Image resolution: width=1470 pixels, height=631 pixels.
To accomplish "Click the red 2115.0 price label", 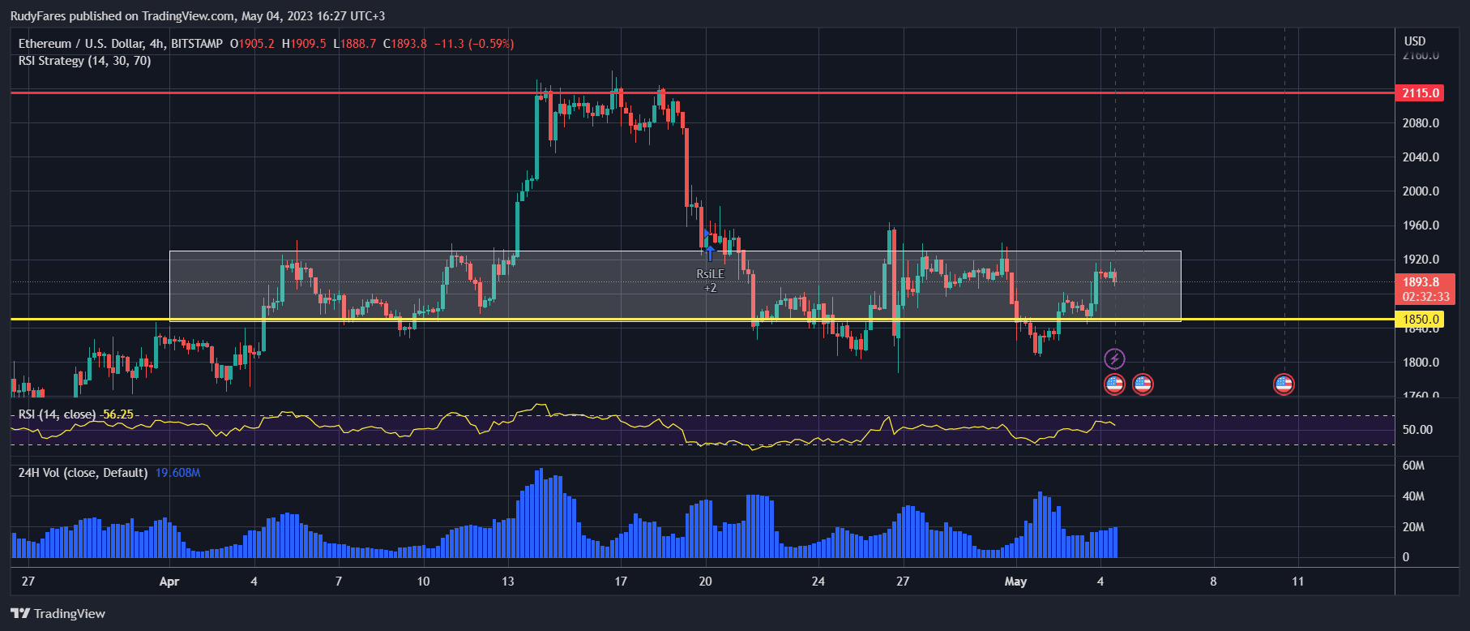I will click(x=1421, y=93).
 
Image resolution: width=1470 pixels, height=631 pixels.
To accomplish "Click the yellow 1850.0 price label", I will click(x=1421, y=320).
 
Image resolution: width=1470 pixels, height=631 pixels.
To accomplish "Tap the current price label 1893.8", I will click(x=1421, y=282).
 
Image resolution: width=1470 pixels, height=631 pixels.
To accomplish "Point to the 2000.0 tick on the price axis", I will click(x=1421, y=191).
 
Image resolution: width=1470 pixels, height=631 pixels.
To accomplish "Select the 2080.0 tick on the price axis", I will click(x=1421, y=123).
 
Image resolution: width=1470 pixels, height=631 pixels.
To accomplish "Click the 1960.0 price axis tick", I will click(x=1421, y=225).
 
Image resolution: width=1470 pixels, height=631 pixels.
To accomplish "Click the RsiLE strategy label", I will click(x=710, y=274).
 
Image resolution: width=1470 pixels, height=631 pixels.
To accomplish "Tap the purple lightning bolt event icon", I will click(x=1114, y=358).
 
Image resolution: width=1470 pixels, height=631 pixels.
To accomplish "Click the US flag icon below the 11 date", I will click(x=1284, y=384).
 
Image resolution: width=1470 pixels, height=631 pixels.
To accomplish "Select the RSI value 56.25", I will click(x=118, y=414).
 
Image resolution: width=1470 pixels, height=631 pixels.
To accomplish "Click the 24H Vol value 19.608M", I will click(x=177, y=473).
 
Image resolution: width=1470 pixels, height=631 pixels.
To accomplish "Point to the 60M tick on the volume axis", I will click(x=1413, y=466).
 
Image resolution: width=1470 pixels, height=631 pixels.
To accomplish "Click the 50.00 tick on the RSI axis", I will click(x=1417, y=430).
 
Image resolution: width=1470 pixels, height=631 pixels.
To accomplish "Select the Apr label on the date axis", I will click(x=169, y=582).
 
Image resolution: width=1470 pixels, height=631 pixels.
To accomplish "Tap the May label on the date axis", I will click(x=1015, y=582).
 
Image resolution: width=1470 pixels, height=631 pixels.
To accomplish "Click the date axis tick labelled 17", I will click(x=621, y=582).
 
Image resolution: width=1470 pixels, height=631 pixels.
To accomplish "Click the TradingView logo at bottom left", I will click(x=58, y=613).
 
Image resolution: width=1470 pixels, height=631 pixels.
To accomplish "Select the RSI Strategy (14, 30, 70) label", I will click(x=84, y=61).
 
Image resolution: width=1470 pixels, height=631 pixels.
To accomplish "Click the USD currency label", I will click(x=1415, y=41).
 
